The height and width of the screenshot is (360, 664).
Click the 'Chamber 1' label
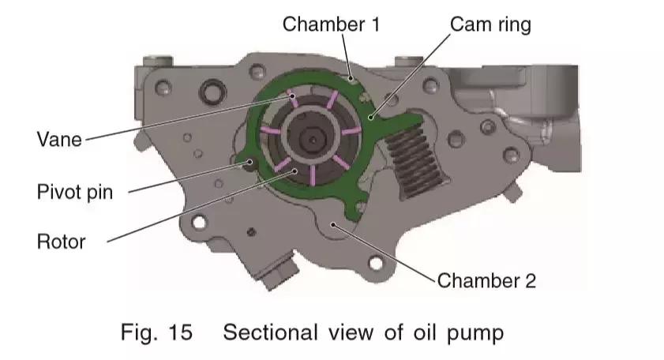pos(332,24)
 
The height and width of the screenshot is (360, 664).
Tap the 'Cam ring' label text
pos(490,24)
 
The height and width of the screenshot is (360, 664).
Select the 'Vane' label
pos(58,140)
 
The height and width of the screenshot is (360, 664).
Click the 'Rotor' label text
pos(61,241)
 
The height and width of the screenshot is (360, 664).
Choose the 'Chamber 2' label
pos(486,279)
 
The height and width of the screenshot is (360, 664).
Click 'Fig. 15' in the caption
pos(156,332)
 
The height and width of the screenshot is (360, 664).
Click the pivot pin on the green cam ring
pos(251,163)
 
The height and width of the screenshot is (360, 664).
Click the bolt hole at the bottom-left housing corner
pos(197,223)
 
